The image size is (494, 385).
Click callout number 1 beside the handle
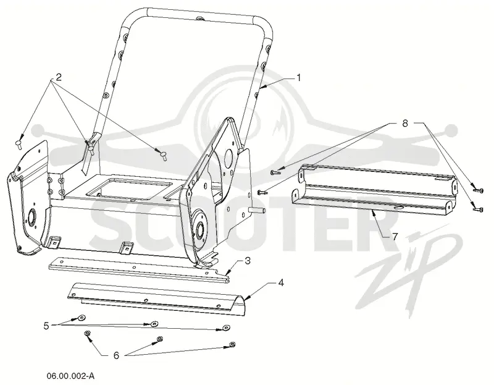pos(298,78)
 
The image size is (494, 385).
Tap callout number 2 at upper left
pos(59,77)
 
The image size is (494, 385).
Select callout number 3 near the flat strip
pos(248,261)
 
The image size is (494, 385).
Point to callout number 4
pos(281,282)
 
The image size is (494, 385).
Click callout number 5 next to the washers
pos(46,326)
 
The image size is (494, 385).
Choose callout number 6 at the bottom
pos(116,355)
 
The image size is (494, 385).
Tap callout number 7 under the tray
pos(395,236)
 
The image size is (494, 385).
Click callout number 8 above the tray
pos(405,124)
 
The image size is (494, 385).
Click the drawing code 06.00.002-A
pos(70,376)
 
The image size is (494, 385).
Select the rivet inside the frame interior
pos(163,156)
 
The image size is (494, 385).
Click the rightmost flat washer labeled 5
pos(225,327)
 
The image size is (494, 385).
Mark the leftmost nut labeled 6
pos(87,333)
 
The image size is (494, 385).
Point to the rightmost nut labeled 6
pos(233,344)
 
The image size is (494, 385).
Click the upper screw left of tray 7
pos(275,172)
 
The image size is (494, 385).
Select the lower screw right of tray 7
pos(478,209)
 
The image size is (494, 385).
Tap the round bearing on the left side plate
pos(32,218)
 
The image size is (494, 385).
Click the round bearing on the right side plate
pos(199,227)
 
